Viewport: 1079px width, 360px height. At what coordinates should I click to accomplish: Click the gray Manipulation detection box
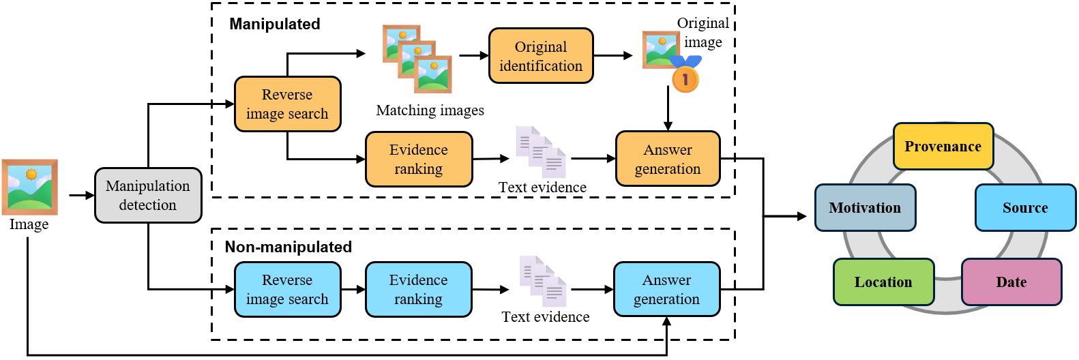pos(148,196)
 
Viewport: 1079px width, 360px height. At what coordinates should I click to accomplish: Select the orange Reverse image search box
pos(288,104)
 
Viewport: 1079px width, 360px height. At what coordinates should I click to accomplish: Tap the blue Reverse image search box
pos(288,289)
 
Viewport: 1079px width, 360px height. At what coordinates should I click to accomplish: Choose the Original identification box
pos(541,56)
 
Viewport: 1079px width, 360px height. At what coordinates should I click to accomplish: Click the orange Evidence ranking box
pos(419,159)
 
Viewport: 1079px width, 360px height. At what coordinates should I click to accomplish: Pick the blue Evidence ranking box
pos(419,289)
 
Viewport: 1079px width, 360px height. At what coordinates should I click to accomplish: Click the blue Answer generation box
pos(666,289)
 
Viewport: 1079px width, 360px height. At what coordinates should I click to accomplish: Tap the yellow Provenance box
pos(943,147)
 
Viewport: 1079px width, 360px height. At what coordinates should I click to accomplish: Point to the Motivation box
pos(865,207)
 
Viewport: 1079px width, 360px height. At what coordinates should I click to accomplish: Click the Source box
pos(1026,207)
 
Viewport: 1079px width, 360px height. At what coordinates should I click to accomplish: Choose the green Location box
pos(883,282)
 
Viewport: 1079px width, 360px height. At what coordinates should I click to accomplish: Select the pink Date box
pos(1011,282)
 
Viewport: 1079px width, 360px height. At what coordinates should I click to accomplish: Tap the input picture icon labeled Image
pos(30,187)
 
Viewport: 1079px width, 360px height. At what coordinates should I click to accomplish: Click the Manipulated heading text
pos(275,24)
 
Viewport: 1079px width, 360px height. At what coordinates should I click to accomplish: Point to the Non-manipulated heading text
pos(288,247)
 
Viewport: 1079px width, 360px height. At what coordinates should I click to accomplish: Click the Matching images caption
pos(430,110)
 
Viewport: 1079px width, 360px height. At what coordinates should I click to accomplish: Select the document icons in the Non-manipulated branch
pos(543,282)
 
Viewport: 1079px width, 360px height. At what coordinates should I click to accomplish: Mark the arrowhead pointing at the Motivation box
pos(803,217)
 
